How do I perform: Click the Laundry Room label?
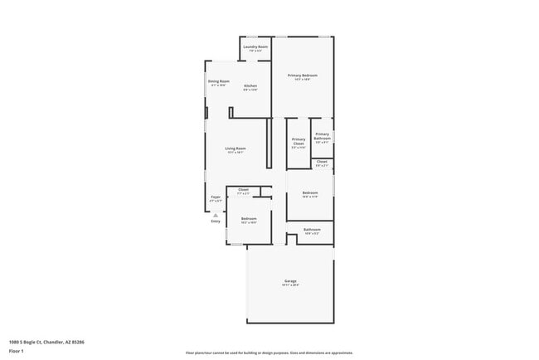(x=255, y=47)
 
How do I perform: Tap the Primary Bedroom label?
(x=303, y=75)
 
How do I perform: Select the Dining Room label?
(x=219, y=81)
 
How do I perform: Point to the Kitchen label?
(x=250, y=86)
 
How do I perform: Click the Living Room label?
(x=236, y=148)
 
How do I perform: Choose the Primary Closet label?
(x=299, y=141)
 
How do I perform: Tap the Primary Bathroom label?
(x=322, y=136)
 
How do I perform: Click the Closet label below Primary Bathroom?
(x=322, y=162)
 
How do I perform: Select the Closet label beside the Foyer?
(x=243, y=190)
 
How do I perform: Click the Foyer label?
(x=215, y=197)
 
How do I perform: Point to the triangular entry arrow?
(x=215, y=214)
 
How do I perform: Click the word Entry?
(x=216, y=221)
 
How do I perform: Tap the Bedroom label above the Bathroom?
(x=310, y=193)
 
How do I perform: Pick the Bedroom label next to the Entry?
(x=249, y=219)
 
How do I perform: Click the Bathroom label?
(x=312, y=230)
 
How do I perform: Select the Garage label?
(x=290, y=281)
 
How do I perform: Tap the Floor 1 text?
(x=17, y=351)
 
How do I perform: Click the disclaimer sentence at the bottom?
(x=269, y=352)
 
